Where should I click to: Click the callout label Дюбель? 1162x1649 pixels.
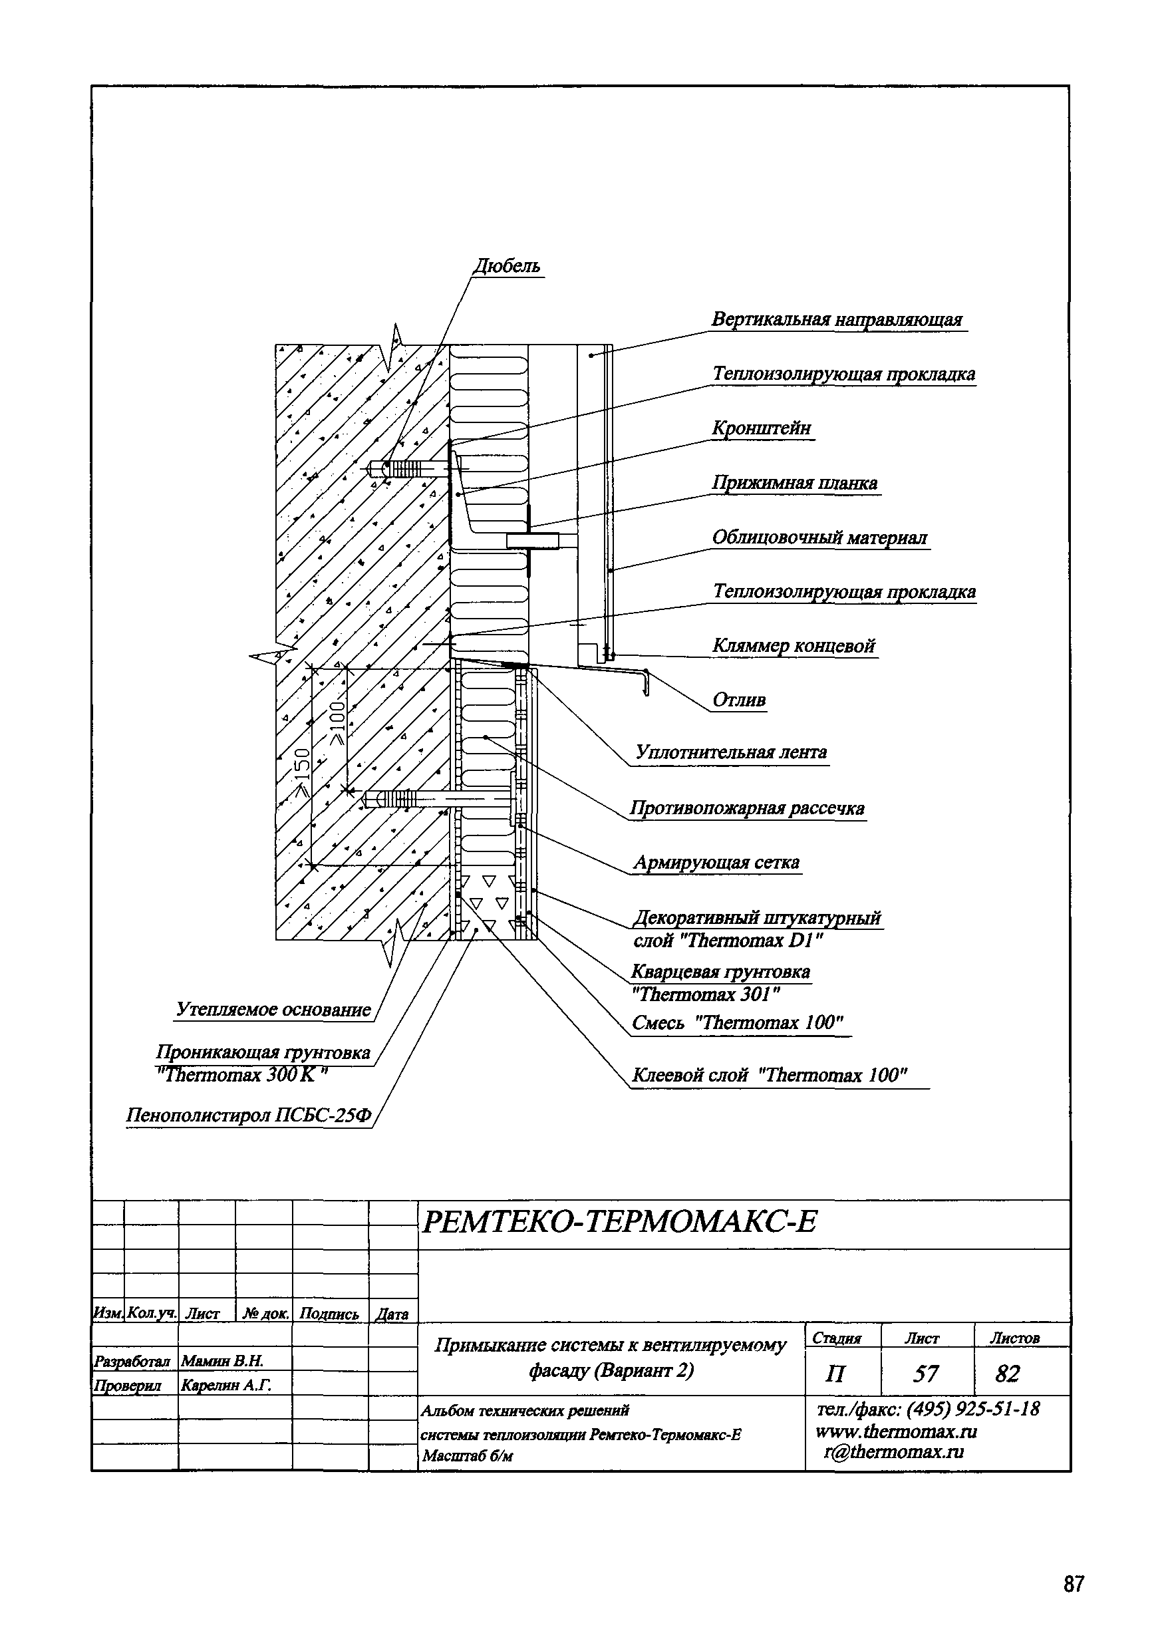pyautogui.click(x=507, y=267)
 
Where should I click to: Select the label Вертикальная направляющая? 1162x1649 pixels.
pyautogui.click(x=837, y=319)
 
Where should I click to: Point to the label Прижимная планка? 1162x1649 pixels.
pyautogui.click(x=794, y=483)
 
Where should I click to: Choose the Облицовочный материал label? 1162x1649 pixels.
pyautogui.click(x=819, y=537)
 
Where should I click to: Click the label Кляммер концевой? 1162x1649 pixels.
pyautogui.click(x=794, y=646)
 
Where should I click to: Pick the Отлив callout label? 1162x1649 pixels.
pyautogui.click(x=738, y=700)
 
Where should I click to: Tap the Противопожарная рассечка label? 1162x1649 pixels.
pyautogui.click(x=747, y=808)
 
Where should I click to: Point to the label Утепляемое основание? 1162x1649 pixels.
pyautogui.click(x=273, y=1009)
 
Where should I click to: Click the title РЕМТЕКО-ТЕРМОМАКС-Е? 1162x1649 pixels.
pyautogui.click(x=619, y=1223)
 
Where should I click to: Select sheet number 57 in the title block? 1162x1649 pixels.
pyautogui.click(x=925, y=1374)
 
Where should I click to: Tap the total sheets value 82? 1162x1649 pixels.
pyautogui.click(x=1007, y=1374)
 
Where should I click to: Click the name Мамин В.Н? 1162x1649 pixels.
pyautogui.click(x=223, y=1360)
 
